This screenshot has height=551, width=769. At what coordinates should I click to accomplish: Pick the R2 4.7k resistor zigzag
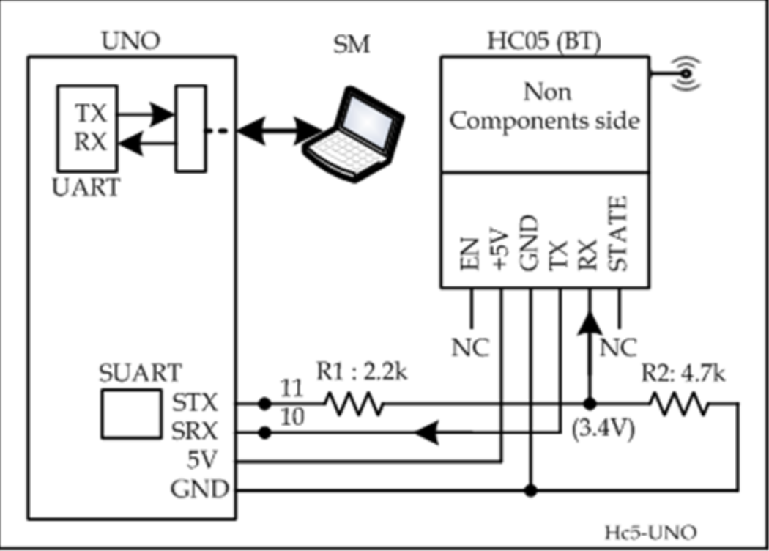click(677, 404)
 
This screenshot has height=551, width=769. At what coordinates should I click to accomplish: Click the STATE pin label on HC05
click(619, 234)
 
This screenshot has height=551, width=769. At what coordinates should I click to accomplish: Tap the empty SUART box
click(130, 415)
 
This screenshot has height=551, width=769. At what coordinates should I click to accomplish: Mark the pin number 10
click(291, 418)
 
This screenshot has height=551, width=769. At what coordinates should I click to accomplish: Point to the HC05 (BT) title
click(543, 42)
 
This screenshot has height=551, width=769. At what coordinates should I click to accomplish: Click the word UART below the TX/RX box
click(86, 188)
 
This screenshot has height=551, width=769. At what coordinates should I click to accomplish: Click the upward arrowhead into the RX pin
click(589, 323)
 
